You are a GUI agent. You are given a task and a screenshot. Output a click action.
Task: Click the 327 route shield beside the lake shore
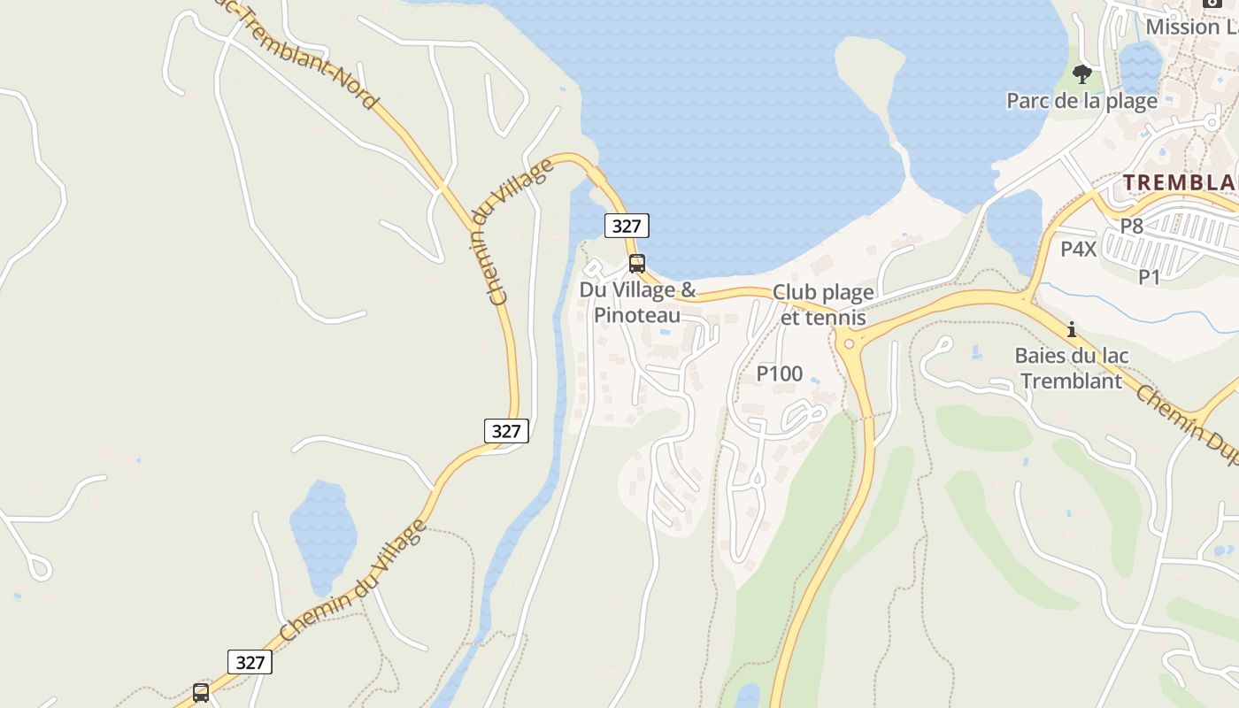(x=627, y=226)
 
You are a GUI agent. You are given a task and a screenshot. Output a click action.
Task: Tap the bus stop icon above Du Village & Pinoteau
(x=636, y=263)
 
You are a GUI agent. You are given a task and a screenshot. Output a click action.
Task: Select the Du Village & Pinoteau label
(x=637, y=303)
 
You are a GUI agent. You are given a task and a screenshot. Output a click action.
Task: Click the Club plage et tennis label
(x=823, y=304)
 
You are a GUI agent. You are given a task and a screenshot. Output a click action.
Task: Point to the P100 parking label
(x=780, y=374)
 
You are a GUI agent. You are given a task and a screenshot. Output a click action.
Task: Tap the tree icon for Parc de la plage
(x=1081, y=74)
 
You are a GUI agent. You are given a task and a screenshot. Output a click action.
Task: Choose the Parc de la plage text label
(x=1081, y=101)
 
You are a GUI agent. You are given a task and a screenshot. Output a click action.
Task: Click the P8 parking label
(x=1132, y=227)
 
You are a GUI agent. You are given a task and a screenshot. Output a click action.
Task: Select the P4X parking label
(x=1079, y=250)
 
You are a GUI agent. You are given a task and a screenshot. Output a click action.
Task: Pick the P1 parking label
(x=1149, y=277)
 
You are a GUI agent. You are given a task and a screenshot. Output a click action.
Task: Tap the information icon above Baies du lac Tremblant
(x=1072, y=329)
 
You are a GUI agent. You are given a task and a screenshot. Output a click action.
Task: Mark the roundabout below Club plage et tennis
(x=849, y=342)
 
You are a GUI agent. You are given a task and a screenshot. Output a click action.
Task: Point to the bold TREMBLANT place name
(x=1181, y=182)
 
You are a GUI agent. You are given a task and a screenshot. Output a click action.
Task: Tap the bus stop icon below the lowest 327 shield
(x=201, y=692)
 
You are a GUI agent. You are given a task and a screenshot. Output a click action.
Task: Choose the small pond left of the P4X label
(x=1014, y=226)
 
